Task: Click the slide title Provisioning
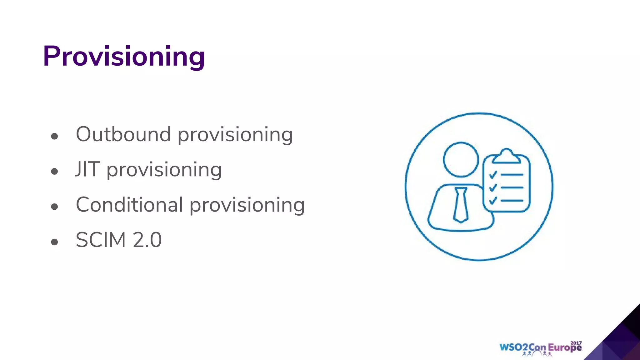[124, 56]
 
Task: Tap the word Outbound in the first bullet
[123, 134]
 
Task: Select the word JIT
[88, 169]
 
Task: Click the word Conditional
[129, 205]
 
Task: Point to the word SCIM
[100, 240]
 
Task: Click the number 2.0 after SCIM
[147, 240]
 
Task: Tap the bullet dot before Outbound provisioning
[55, 136]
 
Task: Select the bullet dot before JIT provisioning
[55, 171]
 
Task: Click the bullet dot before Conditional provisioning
[55, 207]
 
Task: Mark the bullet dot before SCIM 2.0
[55, 242]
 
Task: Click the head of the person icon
[461, 159]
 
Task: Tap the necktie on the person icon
[461, 205]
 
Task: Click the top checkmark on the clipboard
[493, 175]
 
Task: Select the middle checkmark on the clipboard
[493, 187]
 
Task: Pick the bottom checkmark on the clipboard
[493, 200]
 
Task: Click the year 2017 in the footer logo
[576, 343]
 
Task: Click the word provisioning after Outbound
[235, 135]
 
